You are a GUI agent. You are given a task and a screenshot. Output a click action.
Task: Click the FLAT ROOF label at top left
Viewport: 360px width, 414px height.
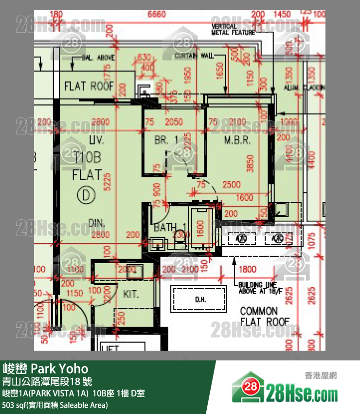(89, 86)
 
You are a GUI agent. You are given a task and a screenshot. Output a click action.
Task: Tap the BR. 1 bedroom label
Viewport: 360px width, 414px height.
(166, 140)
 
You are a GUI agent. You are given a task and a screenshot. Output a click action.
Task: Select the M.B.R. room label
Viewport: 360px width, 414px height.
(237, 140)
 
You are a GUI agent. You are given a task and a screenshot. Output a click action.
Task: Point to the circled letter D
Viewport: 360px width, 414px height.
(86, 196)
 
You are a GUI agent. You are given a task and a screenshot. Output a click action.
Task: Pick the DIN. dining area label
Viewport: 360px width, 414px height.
(97, 223)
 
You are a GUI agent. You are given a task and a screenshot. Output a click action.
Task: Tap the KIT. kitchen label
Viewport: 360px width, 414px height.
(131, 294)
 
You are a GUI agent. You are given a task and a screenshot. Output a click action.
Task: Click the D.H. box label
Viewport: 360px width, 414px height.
(199, 299)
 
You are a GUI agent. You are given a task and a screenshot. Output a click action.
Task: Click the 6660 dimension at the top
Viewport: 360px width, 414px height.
(157, 15)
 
